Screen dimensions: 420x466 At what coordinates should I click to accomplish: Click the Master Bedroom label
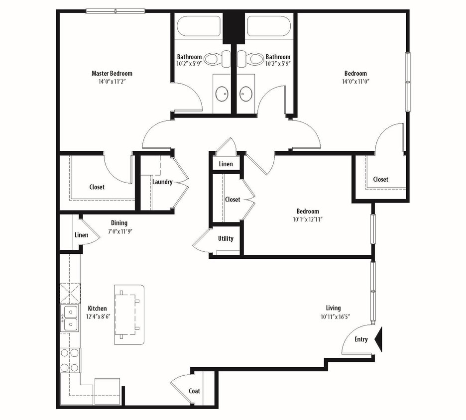(x=112, y=73)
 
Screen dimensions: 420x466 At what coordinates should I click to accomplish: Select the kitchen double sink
(x=70, y=318)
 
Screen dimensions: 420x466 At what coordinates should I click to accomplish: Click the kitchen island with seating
(x=129, y=315)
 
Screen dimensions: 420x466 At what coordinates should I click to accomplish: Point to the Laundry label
(x=162, y=182)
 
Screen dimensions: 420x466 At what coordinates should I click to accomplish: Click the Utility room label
(x=226, y=238)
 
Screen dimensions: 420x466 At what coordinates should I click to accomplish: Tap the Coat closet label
(x=194, y=391)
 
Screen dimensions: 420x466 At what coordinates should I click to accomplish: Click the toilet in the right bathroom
(x=255, y=58)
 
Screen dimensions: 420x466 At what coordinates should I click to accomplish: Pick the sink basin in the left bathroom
(x=221, y=93)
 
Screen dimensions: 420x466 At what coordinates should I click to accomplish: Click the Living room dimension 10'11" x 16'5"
(x=338, y=317)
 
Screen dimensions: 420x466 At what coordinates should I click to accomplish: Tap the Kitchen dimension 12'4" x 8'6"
(x=97, y=316)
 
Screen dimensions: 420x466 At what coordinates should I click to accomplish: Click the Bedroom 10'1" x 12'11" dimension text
(x=308, y=219)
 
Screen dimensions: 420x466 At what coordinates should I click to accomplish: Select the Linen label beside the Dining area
(x=81, y=235)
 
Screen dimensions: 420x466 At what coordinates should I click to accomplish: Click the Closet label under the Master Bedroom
(x=97, y=187)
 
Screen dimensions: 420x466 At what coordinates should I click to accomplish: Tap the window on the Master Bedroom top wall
(x=115, y=11)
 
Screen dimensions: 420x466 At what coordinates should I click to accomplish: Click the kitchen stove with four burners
(x=70, y=360)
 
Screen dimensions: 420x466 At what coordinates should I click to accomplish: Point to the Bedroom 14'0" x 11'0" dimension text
(x=355, y=81)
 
